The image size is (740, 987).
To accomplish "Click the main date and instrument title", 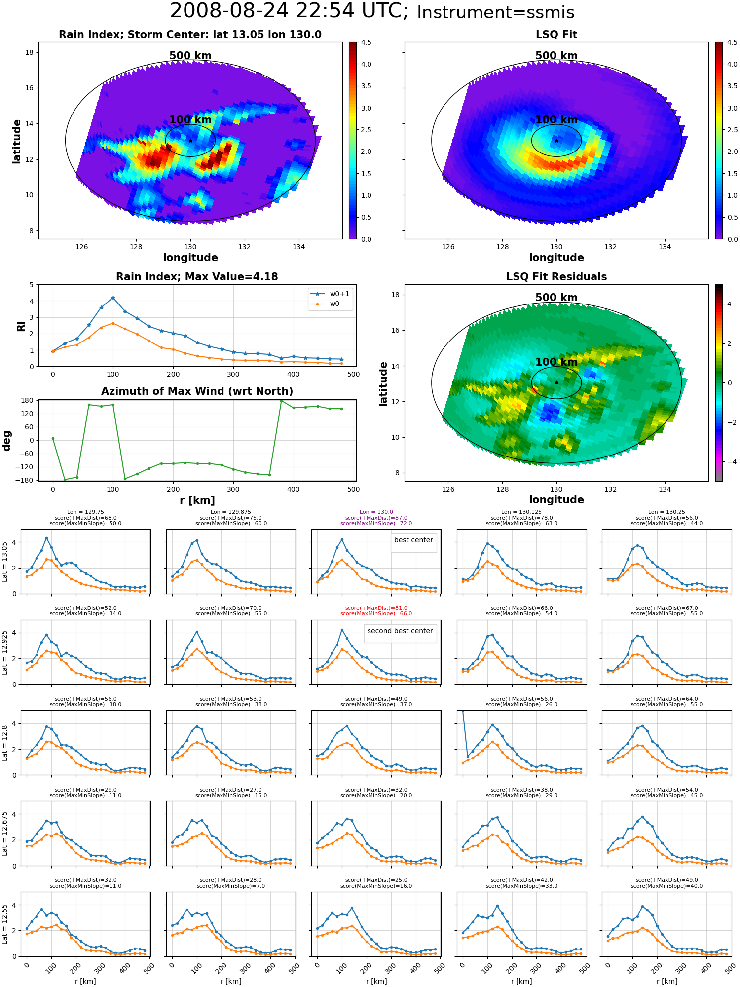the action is pyautogui.click(x=372, y=11).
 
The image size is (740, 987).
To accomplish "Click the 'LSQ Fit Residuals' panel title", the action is pyautogui.click(x=556, y=277).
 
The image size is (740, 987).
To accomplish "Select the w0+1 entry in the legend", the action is pyautogui.click(x=330, y=294).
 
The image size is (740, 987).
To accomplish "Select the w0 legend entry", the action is pyautogui.click(x=325, y=304).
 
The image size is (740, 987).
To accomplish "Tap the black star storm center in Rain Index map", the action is pyautogui.click(x=190, y=141).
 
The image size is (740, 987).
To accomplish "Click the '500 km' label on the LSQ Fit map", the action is pyautogui.click(x=556, y=56).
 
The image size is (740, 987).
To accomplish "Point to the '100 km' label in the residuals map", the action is pyautogui.click(x=556, y=362).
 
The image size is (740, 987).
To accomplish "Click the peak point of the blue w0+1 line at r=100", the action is pyautogui.click(x=113, y=298).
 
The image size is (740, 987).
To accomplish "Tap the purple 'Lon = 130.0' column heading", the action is pyautogui.click(x=376, y=512).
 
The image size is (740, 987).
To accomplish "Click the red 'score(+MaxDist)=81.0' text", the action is pyautogui.click(x=376, y=608).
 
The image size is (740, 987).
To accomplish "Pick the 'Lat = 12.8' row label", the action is pyautogui.click(x=5, y=743).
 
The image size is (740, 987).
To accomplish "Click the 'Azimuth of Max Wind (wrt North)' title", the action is pyautogui.click(x=197, y=391).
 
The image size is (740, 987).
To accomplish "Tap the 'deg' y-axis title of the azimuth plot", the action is pyautogui.click(x=7, y=441).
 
